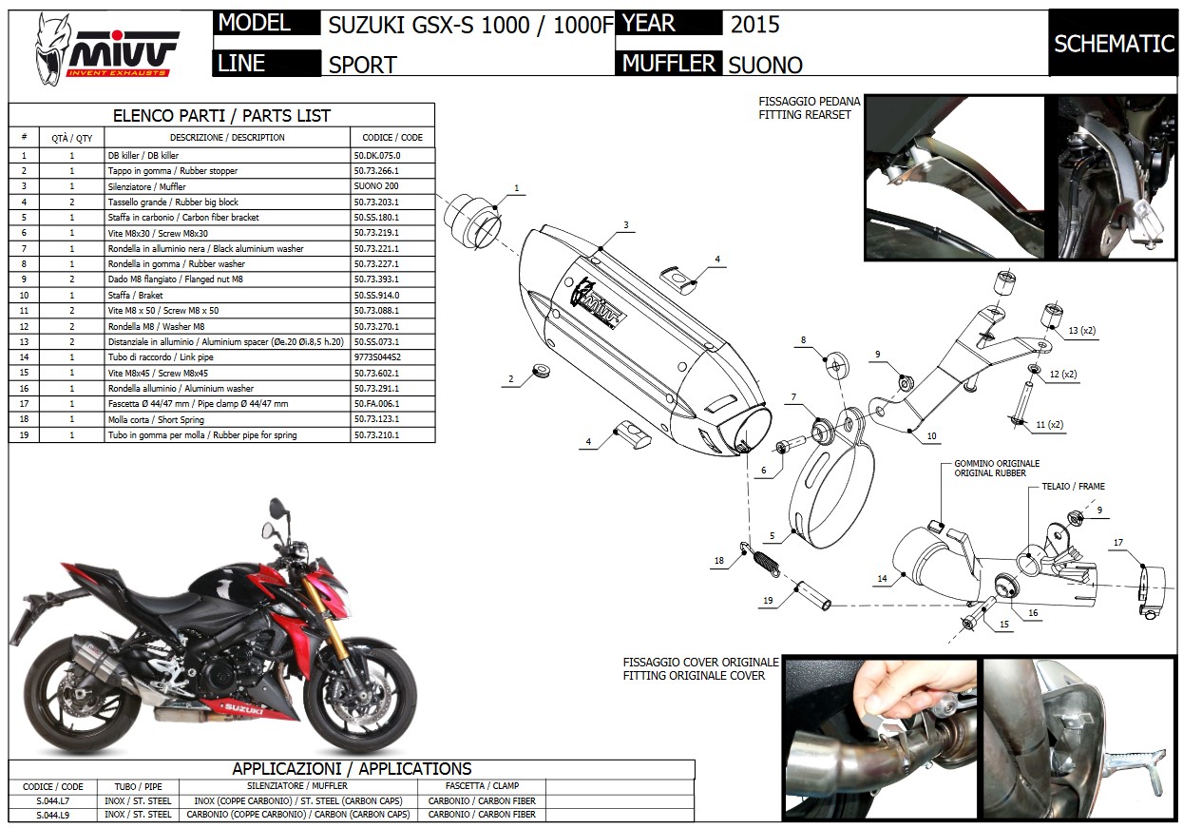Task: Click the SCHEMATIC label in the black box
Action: click(x=1114, y=44)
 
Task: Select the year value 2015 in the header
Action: click(x=754, y=25)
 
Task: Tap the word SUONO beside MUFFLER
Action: click(x=765, y=65)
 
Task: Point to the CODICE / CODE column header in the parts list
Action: click(x=391, y=138)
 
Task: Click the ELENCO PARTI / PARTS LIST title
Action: click(x=221, y=116)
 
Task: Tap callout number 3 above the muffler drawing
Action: click(x=626, y=225)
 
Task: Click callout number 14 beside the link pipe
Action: click(x=883, y=578)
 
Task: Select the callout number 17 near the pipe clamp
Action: click(x=1118, y=544)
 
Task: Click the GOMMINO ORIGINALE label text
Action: click(x=997, y=463)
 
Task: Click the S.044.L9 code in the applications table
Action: click(x=52, y=815)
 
